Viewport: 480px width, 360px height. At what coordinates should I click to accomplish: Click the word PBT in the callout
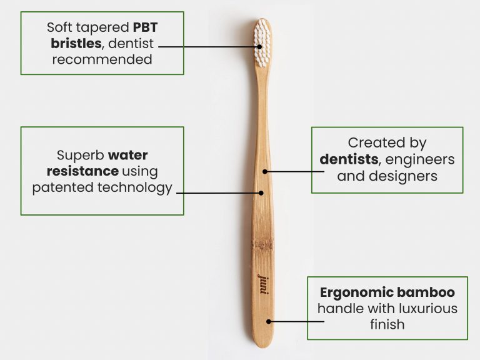pyautogui.click(x=148, y=28)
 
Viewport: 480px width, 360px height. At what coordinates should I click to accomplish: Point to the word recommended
pyautogui.click(x=102, y=61)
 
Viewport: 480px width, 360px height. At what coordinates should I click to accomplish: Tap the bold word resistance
pyautogui.click(x=82, y=171)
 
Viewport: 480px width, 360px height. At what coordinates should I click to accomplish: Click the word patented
pyautogui.click(x=61, y=187)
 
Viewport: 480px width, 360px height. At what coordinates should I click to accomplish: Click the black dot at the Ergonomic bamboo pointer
pyautogui.click(x=269, y=321)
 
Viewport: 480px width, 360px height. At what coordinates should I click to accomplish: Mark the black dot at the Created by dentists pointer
pyautogui.click(x=265, y=171)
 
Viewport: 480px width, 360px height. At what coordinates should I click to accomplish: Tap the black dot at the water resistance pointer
pyautogui.click(x=262, y=192)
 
